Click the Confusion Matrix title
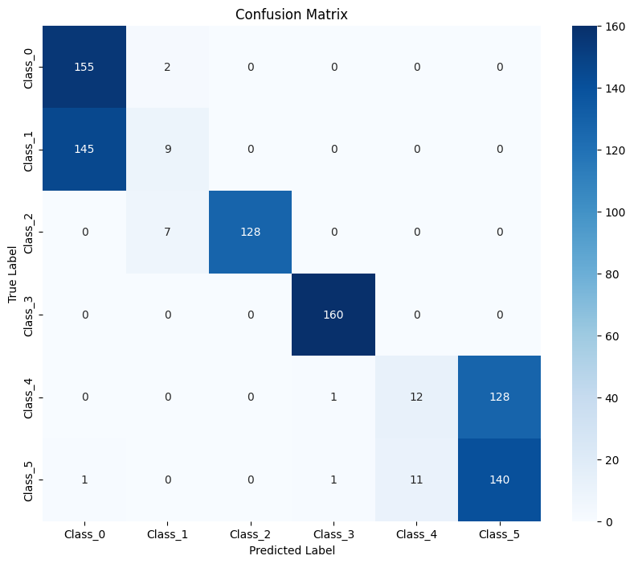291,14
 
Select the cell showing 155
84,67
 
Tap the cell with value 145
84,150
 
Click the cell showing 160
333,315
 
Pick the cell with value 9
167,150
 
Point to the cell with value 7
167,232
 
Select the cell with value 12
416,397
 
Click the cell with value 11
416,480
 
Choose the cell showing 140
499,480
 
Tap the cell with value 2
167,67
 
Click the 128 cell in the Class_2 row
250,232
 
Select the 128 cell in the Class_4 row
499,397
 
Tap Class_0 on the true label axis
30,67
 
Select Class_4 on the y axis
30,397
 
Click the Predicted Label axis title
291,551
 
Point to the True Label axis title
13,274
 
